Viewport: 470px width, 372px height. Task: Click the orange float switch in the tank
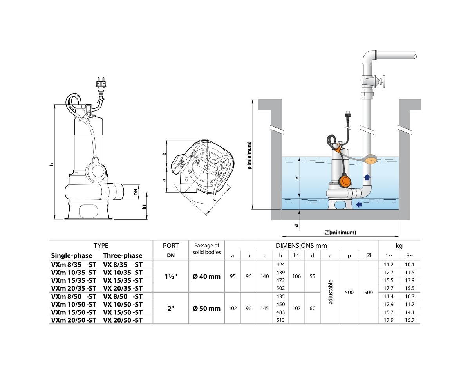pos(344,181)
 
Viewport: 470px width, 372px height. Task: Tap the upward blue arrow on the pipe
pos(367,177)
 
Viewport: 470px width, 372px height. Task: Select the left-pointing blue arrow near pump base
pos(358,204)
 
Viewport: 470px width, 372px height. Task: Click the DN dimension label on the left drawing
pos(136,193)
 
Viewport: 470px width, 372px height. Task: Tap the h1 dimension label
pos(145,206)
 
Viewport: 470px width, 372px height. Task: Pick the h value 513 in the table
pos(280,320)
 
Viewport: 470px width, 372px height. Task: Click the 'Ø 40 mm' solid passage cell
pos(207,276)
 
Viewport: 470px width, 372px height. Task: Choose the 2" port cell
pos(170,308)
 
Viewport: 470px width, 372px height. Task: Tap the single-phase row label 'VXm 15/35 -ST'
pos(74,280)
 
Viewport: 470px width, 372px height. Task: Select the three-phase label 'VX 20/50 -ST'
pos(122,320)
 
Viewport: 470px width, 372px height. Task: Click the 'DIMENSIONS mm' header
pos(301,246)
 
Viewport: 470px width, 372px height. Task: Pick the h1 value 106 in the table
pos(296,276)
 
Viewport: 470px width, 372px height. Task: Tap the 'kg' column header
pos(399,246)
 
